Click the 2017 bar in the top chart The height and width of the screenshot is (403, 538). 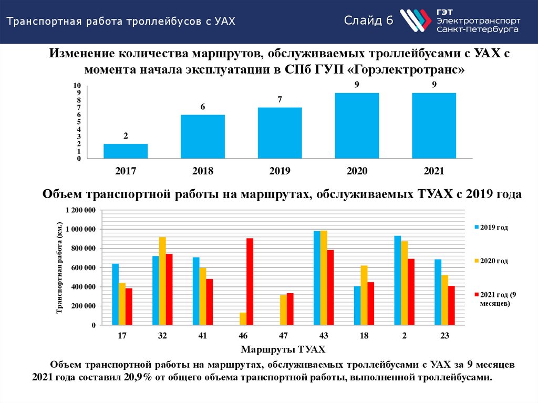tap(126, 151)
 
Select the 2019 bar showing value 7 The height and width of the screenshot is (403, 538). tap(280, 132)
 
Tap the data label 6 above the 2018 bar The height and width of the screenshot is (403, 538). tap(202, 107)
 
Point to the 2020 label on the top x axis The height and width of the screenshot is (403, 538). tap(357, 171)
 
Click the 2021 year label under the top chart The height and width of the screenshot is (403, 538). tap(434, 171)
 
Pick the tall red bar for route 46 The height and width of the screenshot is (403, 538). tap(250, 282)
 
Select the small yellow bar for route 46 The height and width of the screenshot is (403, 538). tap(243, 319)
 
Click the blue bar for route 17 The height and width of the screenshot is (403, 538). tap(115, 294)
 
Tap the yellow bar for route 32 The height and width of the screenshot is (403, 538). tap(162, 281)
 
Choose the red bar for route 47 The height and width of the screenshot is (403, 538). tap(290, 309)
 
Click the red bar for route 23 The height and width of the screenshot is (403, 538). tap(451, 305)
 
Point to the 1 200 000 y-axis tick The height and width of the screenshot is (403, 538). tap(80, 210)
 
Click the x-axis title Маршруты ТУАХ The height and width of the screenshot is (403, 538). tap(283, 349)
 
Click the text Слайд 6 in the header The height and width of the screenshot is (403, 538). tap(369, 21)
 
